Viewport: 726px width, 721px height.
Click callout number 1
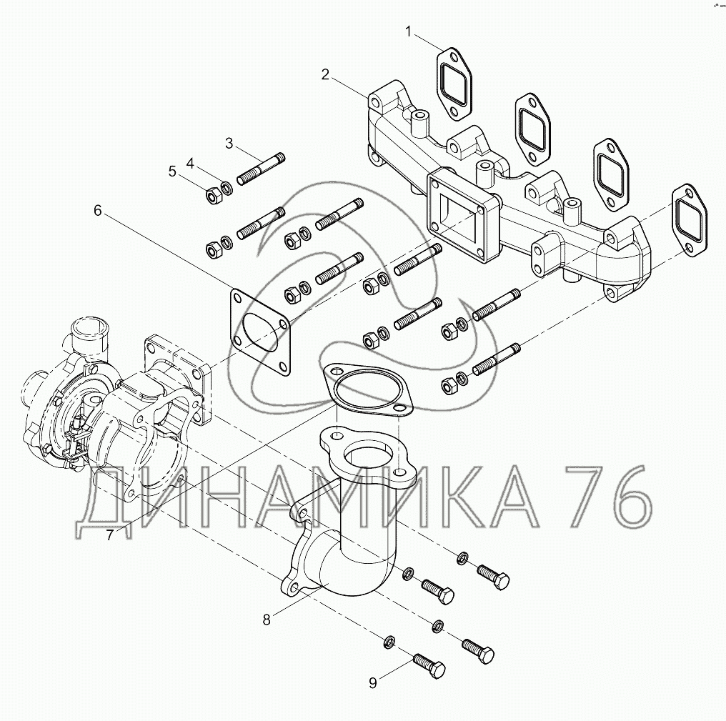click(409, 31)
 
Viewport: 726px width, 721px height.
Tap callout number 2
click(325, 74)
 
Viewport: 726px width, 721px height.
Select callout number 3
click(229, 143)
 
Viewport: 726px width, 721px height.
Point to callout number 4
click(190, 164)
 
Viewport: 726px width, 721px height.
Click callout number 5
click(172, 171)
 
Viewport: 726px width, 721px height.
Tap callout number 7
click(109, 534)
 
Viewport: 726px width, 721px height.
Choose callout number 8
click(267, 620)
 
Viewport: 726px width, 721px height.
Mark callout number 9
click(372, 683)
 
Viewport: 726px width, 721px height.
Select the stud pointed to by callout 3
click(264, 167)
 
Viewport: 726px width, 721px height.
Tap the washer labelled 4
click(226, 189)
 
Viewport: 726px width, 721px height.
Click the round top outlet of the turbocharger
click(89, 329)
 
